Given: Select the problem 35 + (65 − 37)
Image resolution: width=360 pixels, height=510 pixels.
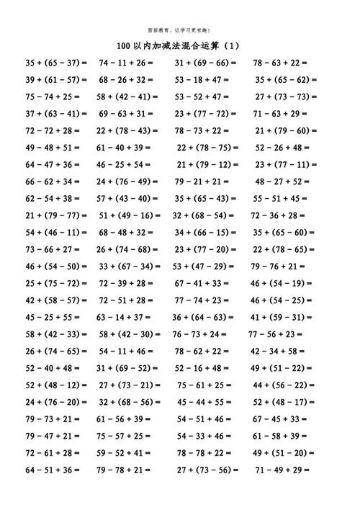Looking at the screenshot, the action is coord(55,63).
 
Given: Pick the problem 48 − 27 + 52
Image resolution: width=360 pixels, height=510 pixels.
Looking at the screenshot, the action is coord(282,181).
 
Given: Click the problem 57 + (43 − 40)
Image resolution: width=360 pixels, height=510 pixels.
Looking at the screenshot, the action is coord(127,198).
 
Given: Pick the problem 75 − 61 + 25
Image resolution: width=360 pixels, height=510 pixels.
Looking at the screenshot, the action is coord(204,384).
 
